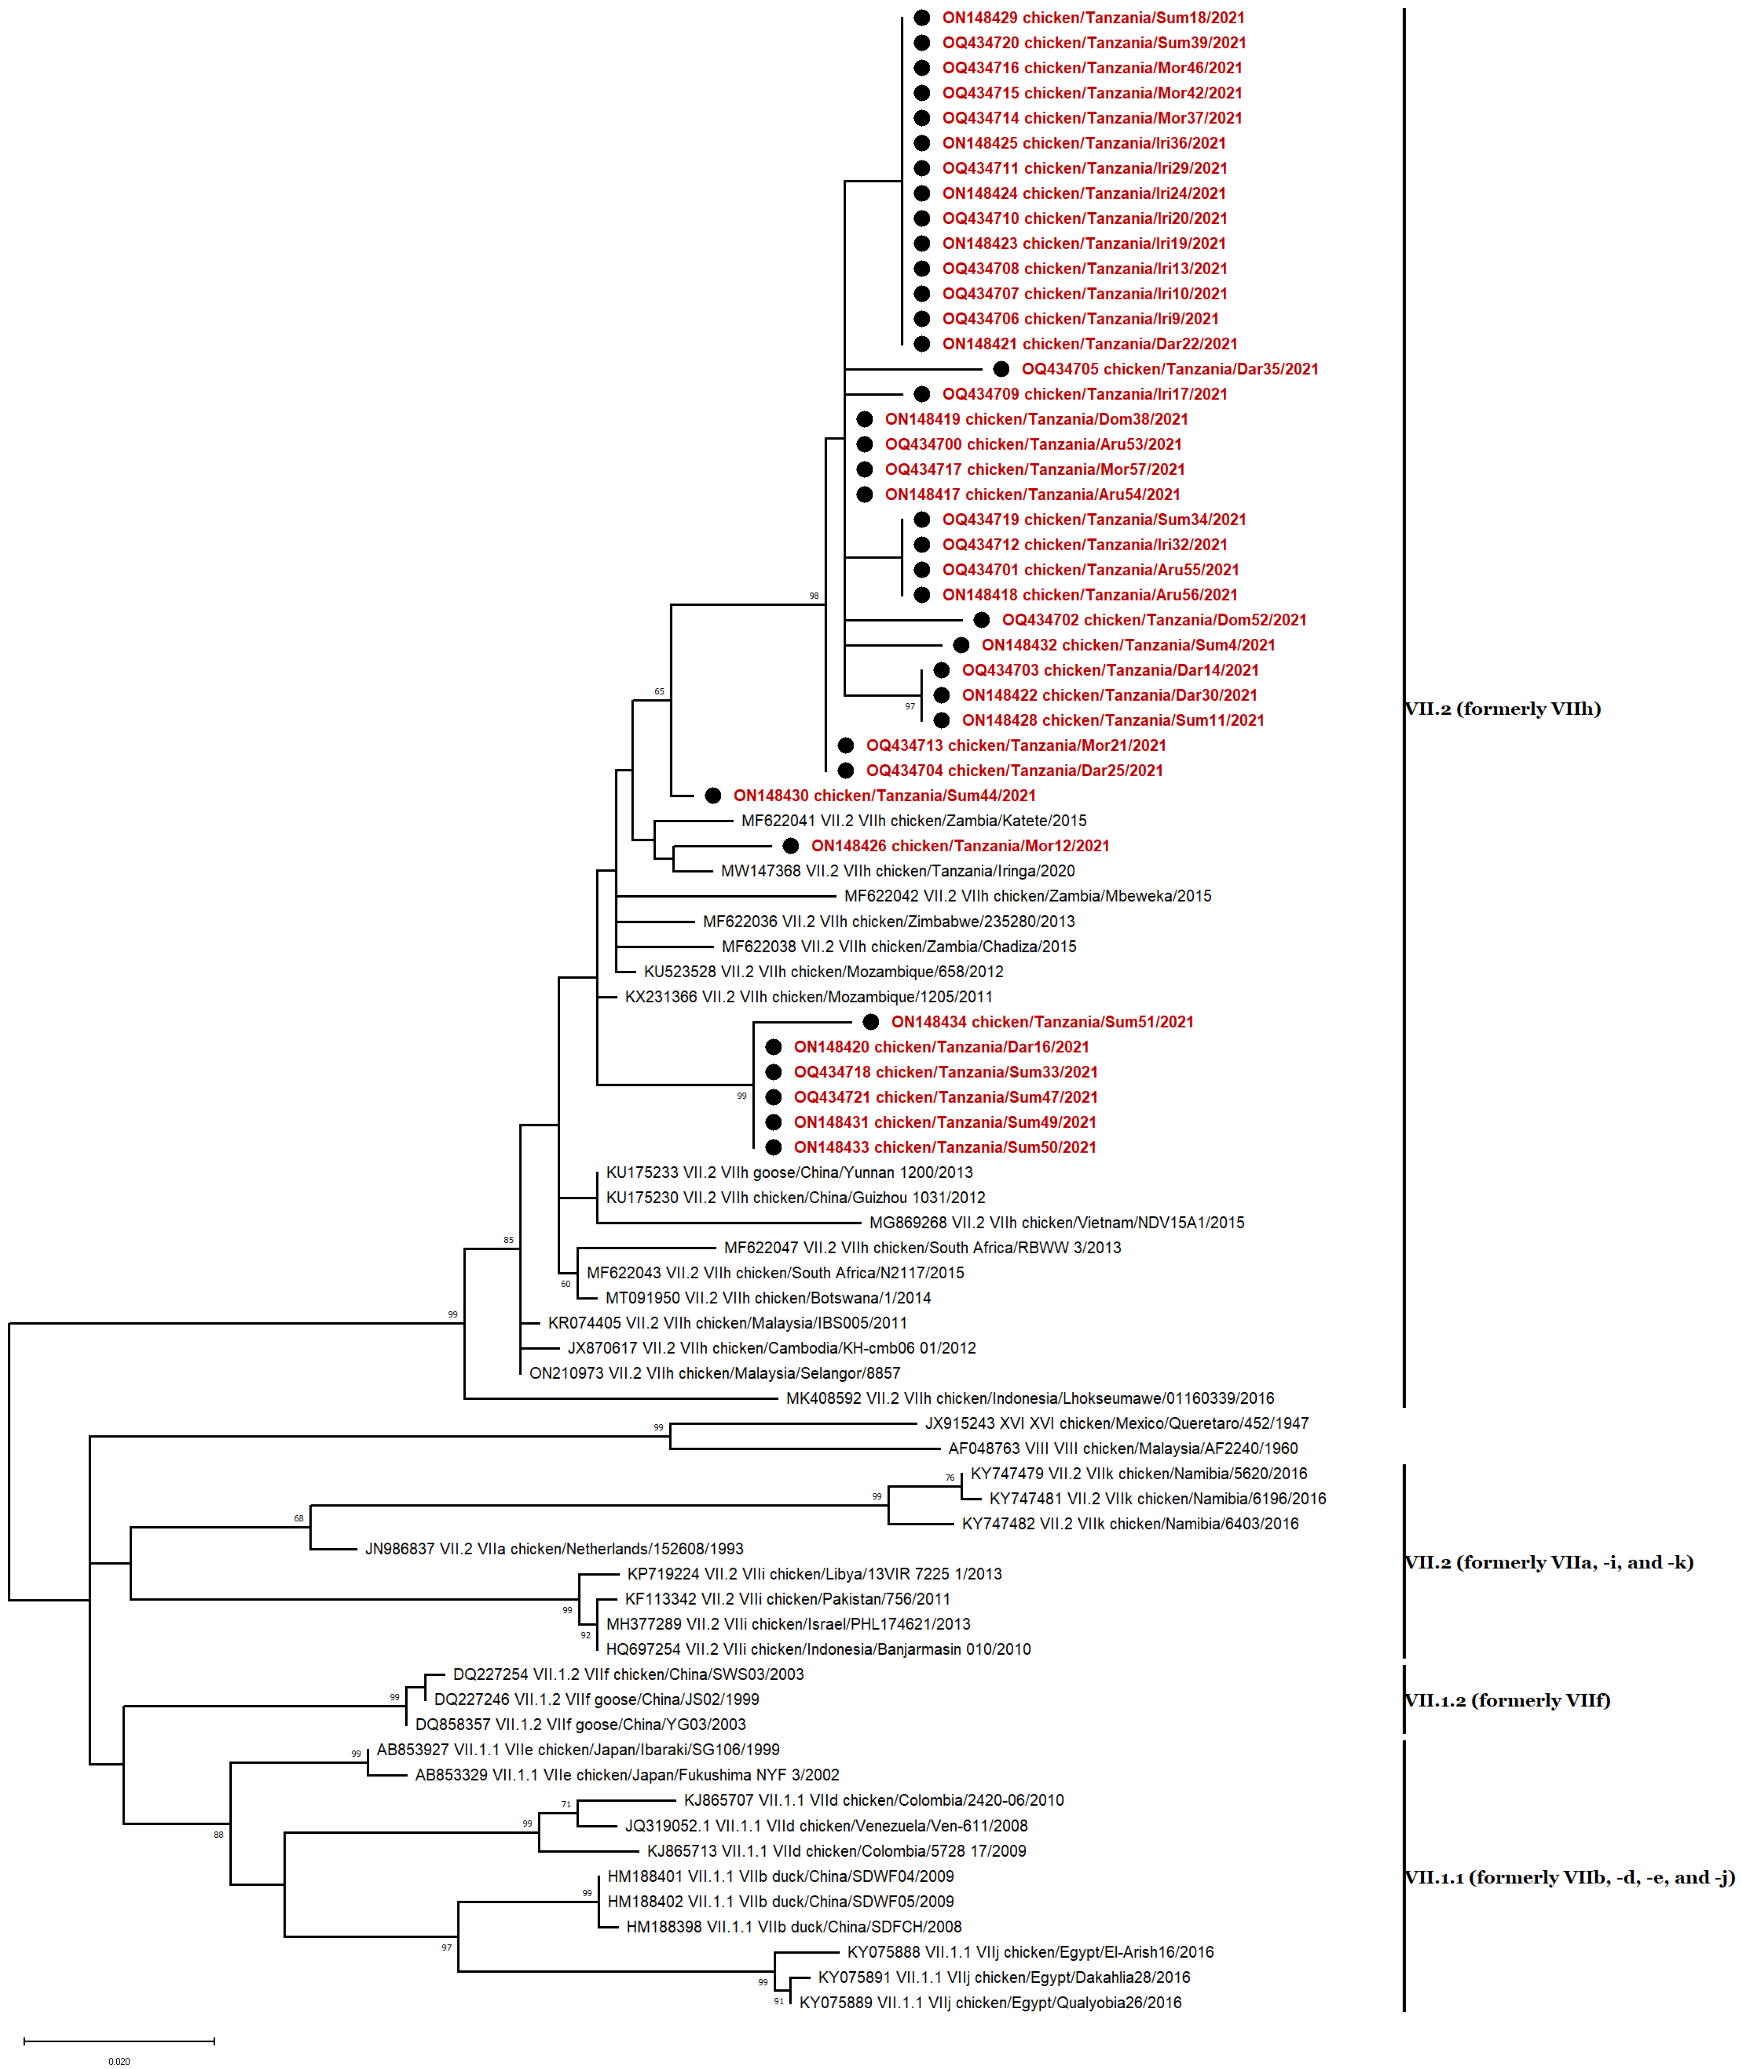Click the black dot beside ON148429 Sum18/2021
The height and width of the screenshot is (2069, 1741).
(x=921, y=18)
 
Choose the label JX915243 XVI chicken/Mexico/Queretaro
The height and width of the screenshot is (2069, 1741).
(x=1116, y=1423)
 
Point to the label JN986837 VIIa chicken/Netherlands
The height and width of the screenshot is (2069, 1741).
(x=554, y=1549)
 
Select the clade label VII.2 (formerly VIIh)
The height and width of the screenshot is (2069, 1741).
(x=1502, y=709)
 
